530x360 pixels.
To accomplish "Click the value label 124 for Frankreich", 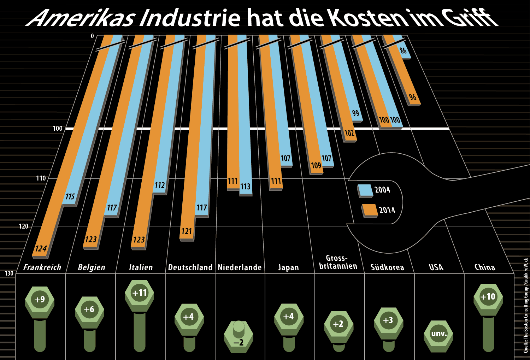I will pos(41,248).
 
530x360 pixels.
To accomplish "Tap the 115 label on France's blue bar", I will pos(70,196).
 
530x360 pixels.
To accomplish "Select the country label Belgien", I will pos(92,267).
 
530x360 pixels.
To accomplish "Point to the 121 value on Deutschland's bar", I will pos(187,231).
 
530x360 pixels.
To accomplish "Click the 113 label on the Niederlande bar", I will pos(245,187).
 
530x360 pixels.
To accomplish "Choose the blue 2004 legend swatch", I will pos(365,190).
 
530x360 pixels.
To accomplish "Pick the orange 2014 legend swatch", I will pos(370,210).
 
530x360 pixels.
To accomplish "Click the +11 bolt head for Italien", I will pos(139,293).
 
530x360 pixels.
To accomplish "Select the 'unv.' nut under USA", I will pos(438,334).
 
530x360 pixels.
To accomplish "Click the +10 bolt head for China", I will pos(488,297).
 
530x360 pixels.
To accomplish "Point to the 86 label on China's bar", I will pos(403,51).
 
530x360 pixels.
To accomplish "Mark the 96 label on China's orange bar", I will pos(412,97).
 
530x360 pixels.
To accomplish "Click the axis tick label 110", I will pos(41,178).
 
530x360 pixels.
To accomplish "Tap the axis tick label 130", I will pos(9,273).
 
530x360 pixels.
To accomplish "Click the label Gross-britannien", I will pos(338,262).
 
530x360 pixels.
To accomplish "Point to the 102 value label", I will pos(349,133).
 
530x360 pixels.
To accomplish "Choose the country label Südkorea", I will pos(387,267).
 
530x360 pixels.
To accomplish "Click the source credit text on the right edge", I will pos(526,306).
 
